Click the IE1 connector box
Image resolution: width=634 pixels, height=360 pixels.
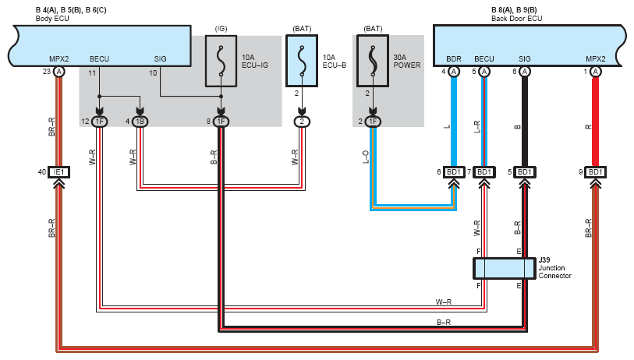59,172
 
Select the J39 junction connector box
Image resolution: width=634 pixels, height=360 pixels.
505,269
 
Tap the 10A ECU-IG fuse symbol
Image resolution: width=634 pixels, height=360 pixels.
221,61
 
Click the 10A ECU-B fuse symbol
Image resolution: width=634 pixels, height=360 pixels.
302,61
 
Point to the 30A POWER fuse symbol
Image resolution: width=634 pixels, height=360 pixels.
373,61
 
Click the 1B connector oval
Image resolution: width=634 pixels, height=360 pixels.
140,122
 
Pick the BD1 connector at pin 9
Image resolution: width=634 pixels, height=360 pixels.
595,172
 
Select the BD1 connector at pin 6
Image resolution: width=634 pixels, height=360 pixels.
454,172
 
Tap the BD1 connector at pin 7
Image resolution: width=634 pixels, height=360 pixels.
484,172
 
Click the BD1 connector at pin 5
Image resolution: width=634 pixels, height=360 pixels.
524,172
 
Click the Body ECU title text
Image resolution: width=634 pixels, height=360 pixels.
52,19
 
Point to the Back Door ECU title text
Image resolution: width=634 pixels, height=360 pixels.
517,19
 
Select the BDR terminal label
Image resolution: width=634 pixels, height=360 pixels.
454,59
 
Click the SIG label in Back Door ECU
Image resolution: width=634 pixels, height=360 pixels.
524,59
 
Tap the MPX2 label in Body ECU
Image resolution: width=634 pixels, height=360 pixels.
59,59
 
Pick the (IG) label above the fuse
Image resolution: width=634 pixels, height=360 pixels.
221,29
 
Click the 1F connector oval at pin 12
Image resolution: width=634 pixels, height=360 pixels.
100,122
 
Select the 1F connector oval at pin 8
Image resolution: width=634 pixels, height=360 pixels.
221,122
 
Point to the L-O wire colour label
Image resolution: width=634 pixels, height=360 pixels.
366,157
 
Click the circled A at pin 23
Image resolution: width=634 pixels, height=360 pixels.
59,72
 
